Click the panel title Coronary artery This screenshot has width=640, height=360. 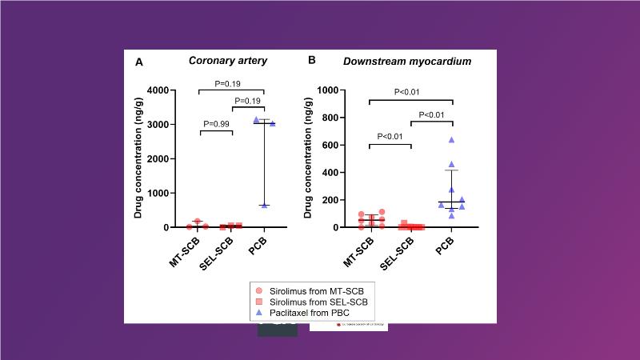pos(227,61)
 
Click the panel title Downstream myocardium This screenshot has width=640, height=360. pos(396,61)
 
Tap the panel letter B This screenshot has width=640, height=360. pos(312,61)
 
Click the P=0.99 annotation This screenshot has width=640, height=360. pos(216,124)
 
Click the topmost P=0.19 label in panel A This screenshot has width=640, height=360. pos(231,82)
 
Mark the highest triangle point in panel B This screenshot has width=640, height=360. pos(451,140)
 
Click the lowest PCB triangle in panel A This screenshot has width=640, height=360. pos(264,206)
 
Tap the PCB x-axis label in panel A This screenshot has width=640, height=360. pos(258,244)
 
